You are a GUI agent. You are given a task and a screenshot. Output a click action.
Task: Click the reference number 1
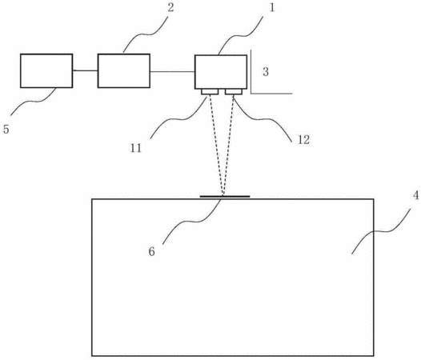(272, 7)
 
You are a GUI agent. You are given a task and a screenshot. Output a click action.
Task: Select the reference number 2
(170, 7)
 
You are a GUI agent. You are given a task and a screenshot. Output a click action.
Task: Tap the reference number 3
(266, 72)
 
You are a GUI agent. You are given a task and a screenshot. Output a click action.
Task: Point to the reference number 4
(415, 195)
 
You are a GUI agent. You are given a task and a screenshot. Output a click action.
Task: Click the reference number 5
(6, 129)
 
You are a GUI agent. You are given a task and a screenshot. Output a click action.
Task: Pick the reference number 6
(152, 251)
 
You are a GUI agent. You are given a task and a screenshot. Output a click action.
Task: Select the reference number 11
(136, 148)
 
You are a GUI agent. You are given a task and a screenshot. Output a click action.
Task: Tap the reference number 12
(303, 139)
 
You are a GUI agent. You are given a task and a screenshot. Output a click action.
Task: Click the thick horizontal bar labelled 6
(225, 197)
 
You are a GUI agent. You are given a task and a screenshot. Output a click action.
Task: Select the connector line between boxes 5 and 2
(85, 70)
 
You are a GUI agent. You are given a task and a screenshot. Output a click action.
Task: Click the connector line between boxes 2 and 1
(172, 72)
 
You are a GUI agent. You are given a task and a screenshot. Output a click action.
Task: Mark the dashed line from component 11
(216, 146)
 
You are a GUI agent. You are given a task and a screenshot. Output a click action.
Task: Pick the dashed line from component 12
(228, 146)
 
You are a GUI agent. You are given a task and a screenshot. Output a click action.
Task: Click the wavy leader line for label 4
(381, 231)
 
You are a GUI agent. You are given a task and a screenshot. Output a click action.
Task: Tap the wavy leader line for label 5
(34, 102)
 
